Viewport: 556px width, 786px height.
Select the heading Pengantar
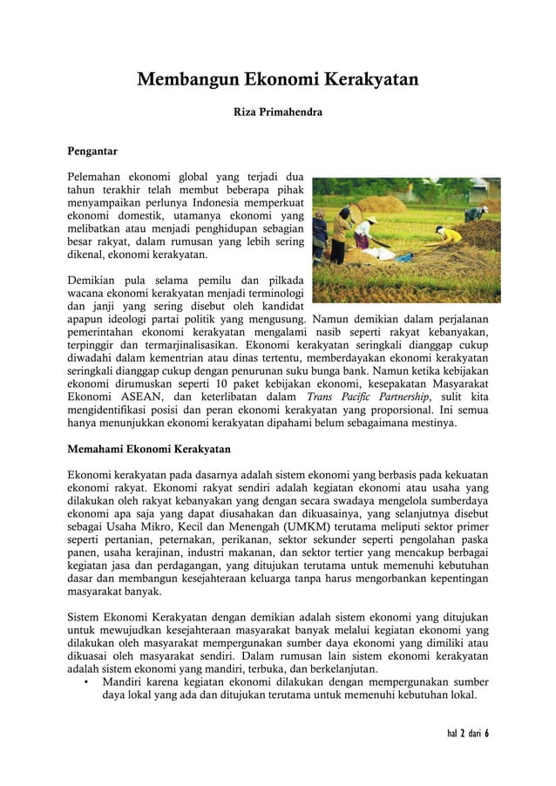tap(96, 151)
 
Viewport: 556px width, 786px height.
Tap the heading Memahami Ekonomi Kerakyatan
tap(149, 450)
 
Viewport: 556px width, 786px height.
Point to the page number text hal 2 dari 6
tap(462, 732)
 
